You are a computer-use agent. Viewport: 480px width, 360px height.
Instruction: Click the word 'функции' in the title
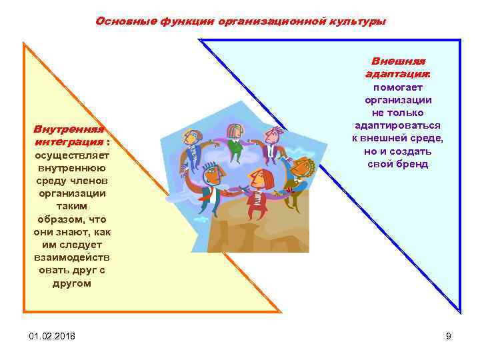[185, 21]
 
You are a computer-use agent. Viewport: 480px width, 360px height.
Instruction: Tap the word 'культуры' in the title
[356, 21]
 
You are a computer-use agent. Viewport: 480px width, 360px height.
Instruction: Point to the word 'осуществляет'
[71, 155]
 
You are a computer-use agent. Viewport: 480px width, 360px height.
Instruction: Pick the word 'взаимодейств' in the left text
[72, 257]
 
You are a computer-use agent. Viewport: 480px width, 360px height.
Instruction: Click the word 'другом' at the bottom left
[72, 283]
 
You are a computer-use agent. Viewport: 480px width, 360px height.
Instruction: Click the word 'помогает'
[398, 87]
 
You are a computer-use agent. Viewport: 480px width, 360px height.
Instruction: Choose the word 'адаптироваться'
[398, 125]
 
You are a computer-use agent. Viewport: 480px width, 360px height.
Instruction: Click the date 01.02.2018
[52, 335]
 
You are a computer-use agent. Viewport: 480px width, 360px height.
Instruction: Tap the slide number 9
[449, 335]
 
